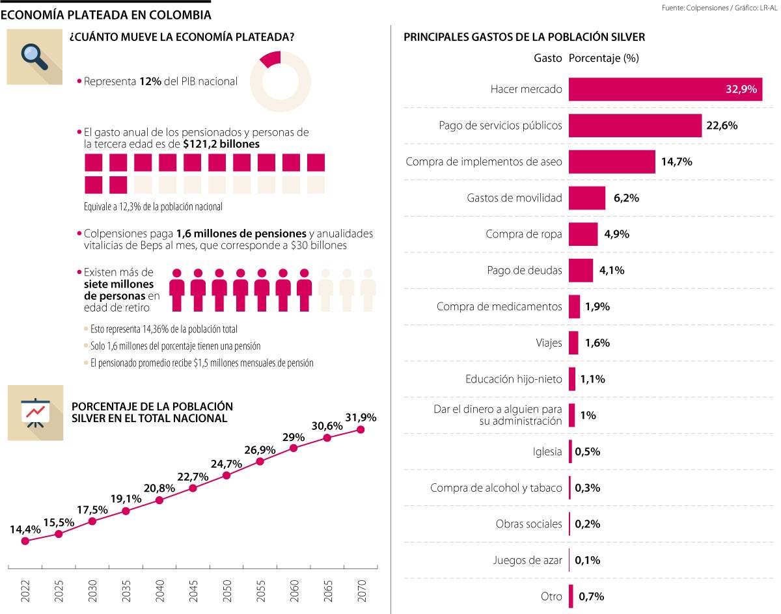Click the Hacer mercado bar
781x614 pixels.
(665, 89)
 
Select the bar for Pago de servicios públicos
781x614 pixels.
(635, 126)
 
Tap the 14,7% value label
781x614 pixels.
(676, 162)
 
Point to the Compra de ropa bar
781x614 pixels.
(583, 234)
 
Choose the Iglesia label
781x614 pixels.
(547, 451)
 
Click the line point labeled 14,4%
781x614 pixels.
(25, 541)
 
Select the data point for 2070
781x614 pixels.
(361, 429)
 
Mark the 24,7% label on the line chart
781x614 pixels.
(226, 464)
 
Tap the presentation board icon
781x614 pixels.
(35, 412)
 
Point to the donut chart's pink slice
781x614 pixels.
(270, 60)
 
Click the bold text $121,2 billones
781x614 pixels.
(221, 144)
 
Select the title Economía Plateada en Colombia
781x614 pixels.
(105, 14)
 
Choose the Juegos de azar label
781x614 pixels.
(527, 560)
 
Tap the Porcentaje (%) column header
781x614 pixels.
(603, 58)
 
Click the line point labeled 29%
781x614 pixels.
(294, 448)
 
